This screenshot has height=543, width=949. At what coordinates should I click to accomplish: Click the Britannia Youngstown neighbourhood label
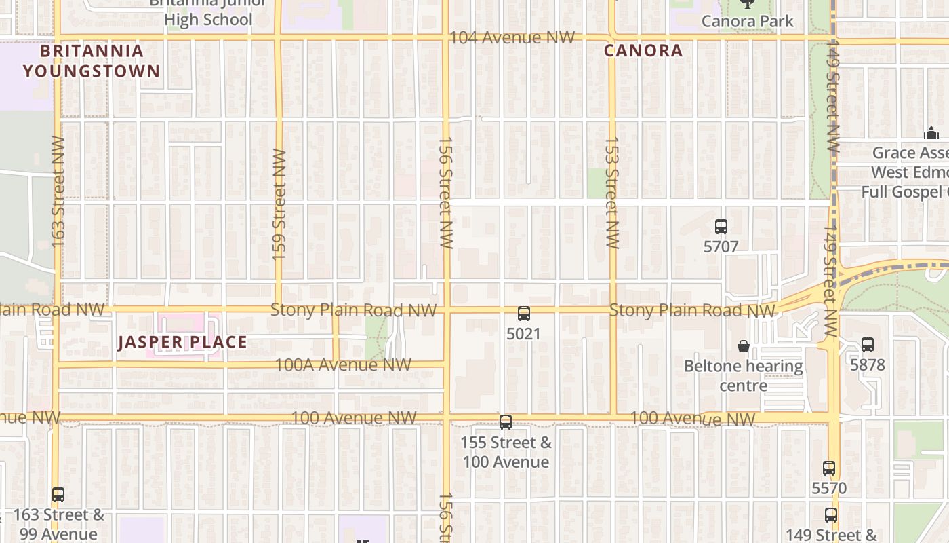coord(92,61)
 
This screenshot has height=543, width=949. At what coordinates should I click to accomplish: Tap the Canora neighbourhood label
coord(643,51)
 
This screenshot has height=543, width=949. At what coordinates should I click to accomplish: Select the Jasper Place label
coord(182,341)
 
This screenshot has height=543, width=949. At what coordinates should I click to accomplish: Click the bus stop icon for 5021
coord(523,314)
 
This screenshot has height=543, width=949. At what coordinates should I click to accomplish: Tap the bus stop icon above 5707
coord(721,227)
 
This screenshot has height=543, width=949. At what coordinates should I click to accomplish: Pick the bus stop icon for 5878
coord(868,345)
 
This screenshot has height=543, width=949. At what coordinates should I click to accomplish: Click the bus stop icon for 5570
coord(829,468)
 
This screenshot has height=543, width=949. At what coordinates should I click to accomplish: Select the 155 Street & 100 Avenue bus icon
coord(506,422)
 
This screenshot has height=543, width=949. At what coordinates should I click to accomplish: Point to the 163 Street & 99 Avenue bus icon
coord(58,495)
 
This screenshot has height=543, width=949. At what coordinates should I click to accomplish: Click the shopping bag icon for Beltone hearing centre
coord(744,346)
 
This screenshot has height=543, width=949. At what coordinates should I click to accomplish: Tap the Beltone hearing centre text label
coord(744,376)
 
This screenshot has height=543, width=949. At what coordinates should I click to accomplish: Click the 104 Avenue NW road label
coord(512,38)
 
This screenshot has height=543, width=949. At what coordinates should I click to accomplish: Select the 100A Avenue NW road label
coord(342,364)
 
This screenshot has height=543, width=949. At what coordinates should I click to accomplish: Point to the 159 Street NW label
coord(279,204)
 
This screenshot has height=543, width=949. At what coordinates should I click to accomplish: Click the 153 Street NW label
coord(612,193)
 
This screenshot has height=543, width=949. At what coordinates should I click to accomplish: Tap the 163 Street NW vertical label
coord(58,192)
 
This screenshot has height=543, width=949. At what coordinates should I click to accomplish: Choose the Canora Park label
coord(747,21)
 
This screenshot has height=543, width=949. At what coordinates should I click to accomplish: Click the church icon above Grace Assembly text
coord(931,134)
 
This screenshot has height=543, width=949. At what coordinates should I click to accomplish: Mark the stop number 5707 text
coord(721,246)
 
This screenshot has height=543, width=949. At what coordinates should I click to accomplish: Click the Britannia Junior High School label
coord(208,14)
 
